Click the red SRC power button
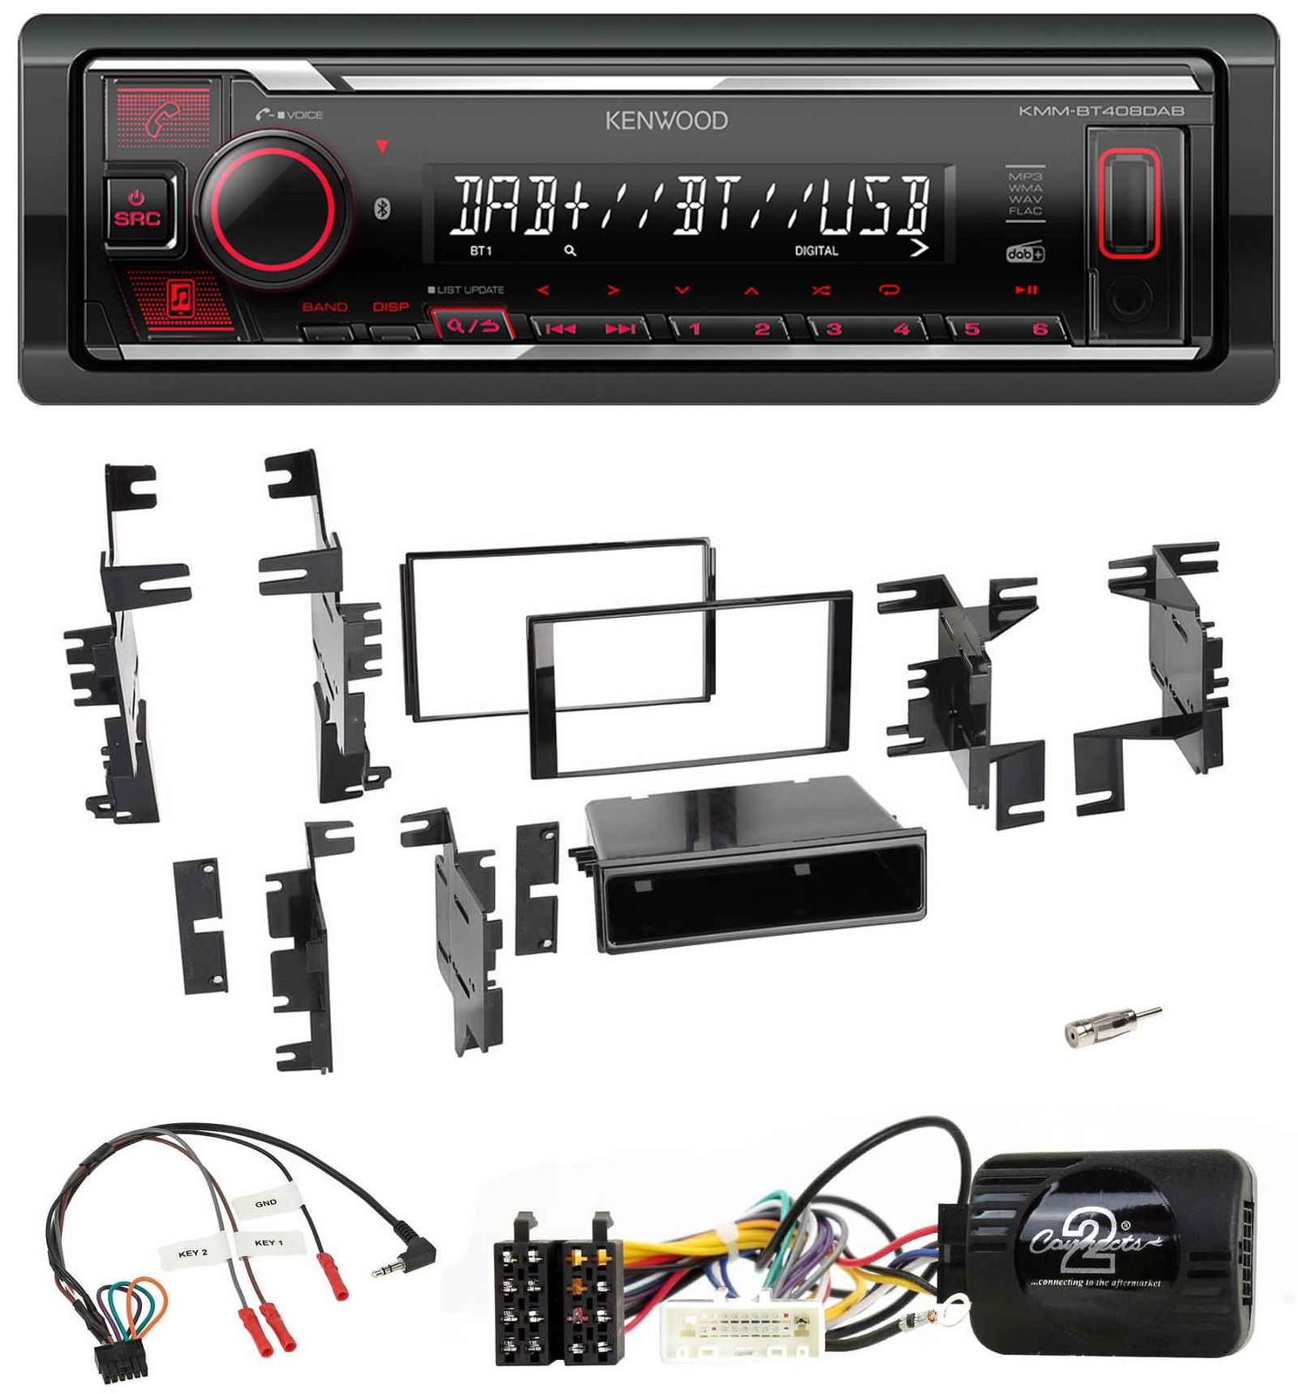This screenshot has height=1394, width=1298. click(x=138, y=210)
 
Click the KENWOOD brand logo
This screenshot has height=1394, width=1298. click(x=666, y=120)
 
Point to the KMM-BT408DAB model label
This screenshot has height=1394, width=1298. click(x=1101, y=111)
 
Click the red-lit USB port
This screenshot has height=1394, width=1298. click(x=1128, y=203)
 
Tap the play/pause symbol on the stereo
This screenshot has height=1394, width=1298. click(x=1025, y=289)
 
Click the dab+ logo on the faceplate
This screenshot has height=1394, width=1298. click(x=1024, y=254)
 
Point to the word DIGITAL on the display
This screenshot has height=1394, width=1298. click(x=816, y=251)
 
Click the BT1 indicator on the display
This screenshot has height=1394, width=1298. click(x=481, y=251)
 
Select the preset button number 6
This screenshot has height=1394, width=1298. click(x=1039, y=329)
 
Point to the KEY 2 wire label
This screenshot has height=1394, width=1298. click(x=193, y=1253)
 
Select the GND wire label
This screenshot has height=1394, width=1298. click(x=266, y=1203)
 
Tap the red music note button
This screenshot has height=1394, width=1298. click(x=180, y=298)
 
